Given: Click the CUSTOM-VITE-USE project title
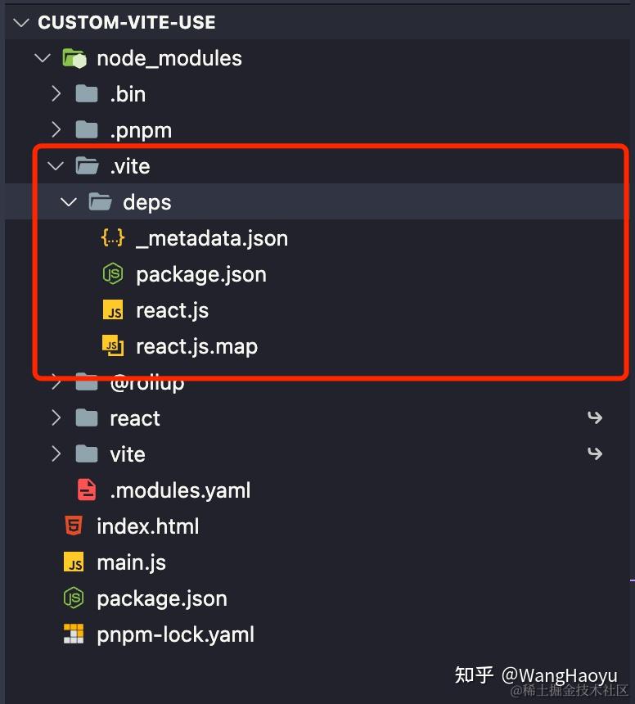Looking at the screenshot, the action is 127,22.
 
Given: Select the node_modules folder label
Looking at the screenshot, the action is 169,59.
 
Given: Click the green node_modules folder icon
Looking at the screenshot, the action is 74,58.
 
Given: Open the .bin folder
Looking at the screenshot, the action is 128,95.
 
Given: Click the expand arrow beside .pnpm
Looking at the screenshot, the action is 56,130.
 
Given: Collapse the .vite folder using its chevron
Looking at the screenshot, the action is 56,166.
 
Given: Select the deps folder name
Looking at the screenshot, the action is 147,203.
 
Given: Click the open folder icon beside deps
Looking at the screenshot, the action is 100,202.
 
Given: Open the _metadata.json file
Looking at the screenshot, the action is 212,238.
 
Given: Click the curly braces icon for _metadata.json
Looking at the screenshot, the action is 113,238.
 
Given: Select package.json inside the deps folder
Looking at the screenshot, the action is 201,275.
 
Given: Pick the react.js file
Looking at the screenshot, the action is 173,311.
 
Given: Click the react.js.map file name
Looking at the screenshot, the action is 197,347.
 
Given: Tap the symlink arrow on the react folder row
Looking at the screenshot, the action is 595,417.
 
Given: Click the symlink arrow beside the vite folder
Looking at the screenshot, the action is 595,454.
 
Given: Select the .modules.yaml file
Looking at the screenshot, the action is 180,490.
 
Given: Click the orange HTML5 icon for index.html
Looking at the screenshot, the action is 74,526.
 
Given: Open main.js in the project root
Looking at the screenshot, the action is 132,563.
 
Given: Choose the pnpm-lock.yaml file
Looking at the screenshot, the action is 175,635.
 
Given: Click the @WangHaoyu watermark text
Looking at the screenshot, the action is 559,675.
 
